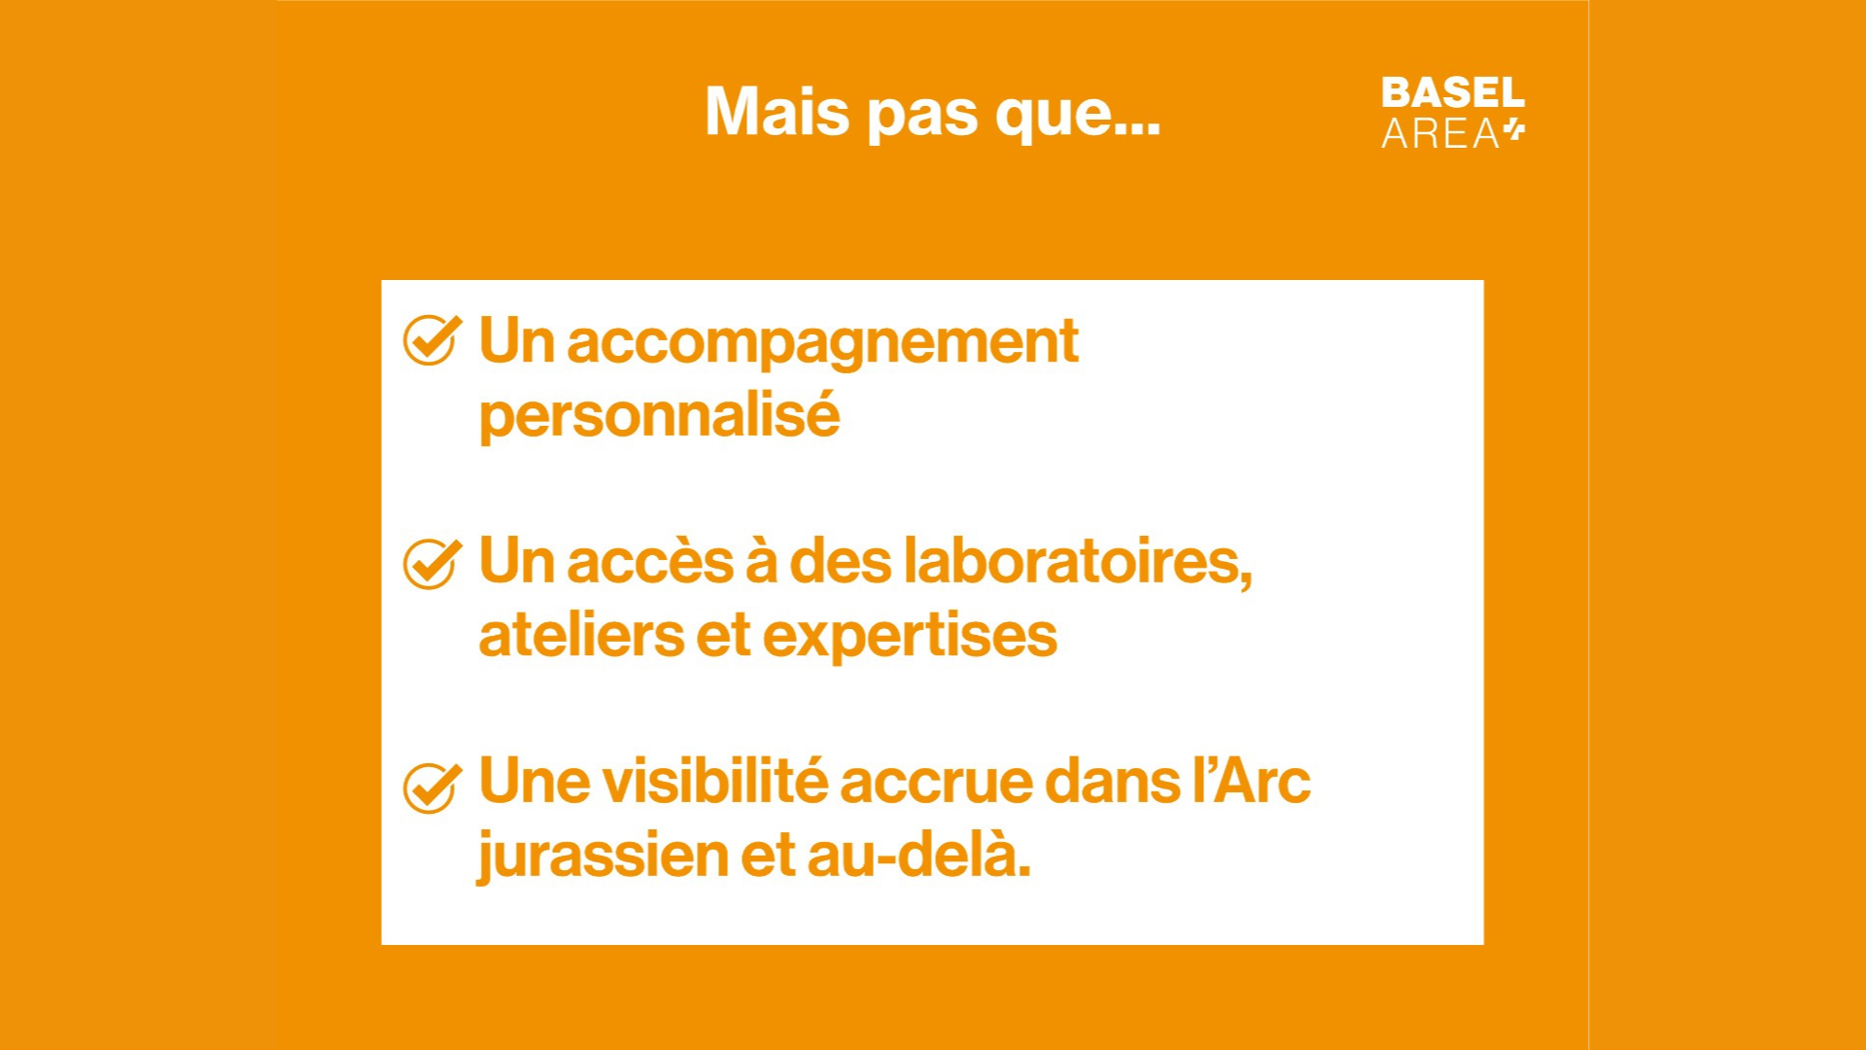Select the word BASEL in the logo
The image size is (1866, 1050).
1453,93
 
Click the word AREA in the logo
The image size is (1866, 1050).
1440,134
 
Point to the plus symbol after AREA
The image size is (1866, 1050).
1514,130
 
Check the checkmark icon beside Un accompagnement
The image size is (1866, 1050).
432,340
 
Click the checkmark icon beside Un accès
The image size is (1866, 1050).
432,563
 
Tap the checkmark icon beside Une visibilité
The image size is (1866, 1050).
432,786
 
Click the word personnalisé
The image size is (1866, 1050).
659,416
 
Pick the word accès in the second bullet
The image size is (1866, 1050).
650,562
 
